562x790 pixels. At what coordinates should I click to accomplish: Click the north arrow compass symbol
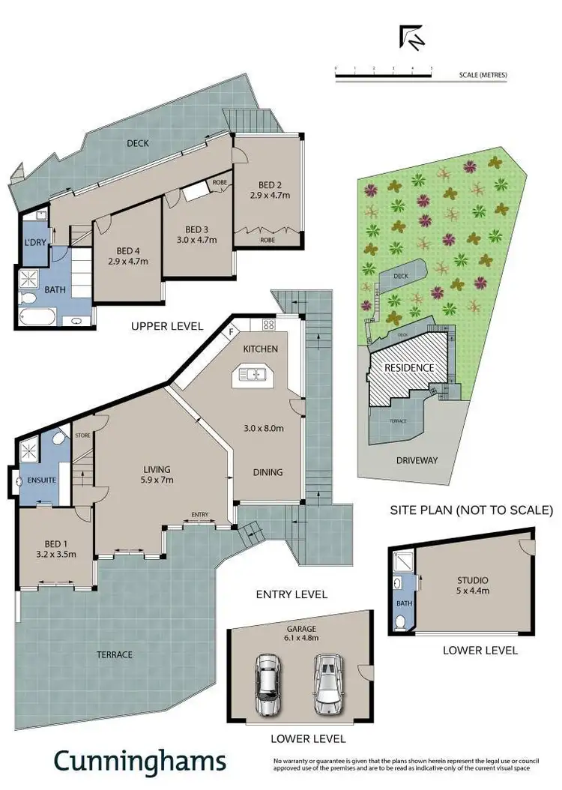click(x=411, y=37)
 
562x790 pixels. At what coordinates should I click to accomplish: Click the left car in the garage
click(x=268, y=684)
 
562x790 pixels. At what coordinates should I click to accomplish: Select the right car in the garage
click(x=327, y=684)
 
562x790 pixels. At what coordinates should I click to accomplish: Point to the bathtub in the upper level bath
click(x=38, y=318)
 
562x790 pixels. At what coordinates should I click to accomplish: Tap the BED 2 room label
click(x=270, y=190)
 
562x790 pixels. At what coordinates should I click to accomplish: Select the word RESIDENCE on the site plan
click(x=409, y=368)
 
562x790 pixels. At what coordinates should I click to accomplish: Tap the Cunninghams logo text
click(x=139, y=761)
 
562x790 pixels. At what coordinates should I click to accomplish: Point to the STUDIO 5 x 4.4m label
click(x=473, y=585)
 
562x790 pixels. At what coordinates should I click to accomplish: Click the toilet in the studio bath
click(x=402, y=621)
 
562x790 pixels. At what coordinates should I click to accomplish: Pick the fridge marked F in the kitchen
click(x=233, y=330)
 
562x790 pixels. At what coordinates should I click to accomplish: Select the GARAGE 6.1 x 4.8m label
click(x=301, y=633)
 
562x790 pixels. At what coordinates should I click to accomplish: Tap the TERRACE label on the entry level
click(x=114, y=654)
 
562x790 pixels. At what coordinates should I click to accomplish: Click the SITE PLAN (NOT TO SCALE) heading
click(x=471, y=510)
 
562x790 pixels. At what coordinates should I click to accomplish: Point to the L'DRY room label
click(x=34, y=242)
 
